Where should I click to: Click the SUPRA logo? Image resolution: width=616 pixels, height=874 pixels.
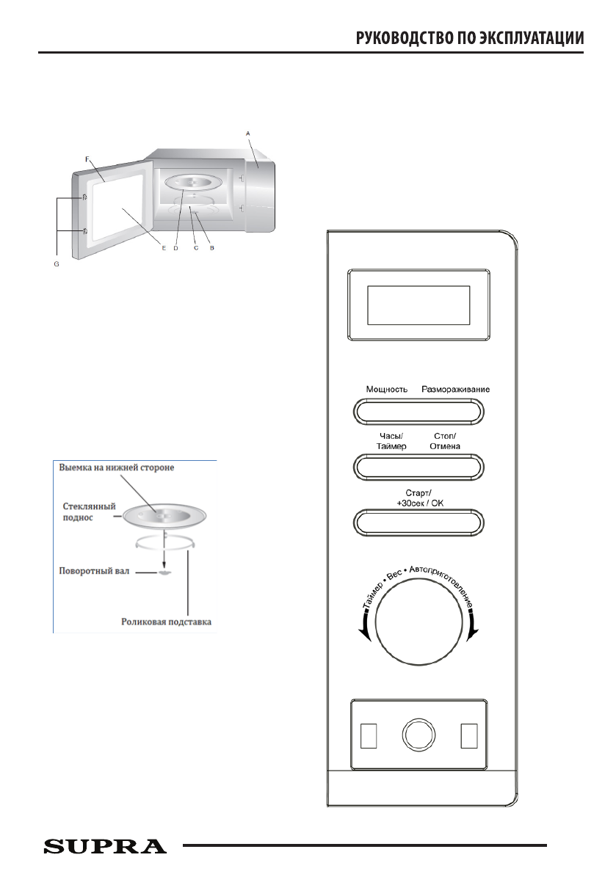coord(105,846)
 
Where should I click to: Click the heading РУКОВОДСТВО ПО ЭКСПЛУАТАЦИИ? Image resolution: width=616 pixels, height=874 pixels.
coord(470,38)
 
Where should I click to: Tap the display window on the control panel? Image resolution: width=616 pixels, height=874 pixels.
coord(418,305)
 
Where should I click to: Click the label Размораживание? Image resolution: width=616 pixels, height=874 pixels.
coord(455,389)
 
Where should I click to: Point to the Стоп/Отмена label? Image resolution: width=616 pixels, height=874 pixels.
coord(444,441)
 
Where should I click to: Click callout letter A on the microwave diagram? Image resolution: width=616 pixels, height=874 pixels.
coord(248,133)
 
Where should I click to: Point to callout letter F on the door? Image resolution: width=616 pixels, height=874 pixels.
coord(87,159)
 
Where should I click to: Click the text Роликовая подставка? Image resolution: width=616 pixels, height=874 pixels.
coord(167,622)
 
